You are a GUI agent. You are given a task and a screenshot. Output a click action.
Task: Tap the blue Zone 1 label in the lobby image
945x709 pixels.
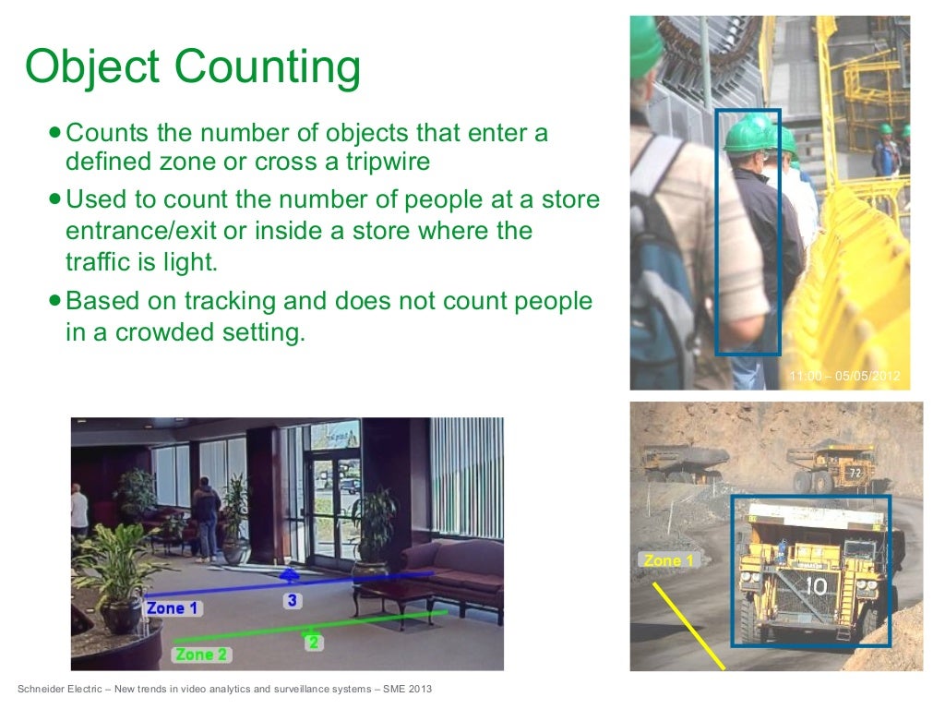point(173,608)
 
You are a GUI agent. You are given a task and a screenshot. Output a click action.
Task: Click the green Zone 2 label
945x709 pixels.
point(201,655)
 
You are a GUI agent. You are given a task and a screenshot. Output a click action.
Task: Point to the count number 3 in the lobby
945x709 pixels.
point(292,601)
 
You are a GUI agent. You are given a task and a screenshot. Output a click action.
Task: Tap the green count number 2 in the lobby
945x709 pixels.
point(314,643)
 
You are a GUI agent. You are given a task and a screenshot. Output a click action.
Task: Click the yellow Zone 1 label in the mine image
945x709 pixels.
point(669,560)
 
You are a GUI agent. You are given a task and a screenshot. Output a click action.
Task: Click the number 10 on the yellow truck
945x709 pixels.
point(815,585)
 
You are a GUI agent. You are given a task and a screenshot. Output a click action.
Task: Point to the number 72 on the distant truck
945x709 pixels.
point(855,474)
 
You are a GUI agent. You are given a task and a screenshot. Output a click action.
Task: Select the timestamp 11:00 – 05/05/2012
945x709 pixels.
point(844,376)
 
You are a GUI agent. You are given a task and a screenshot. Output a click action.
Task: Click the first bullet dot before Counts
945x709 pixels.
point(56,133)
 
